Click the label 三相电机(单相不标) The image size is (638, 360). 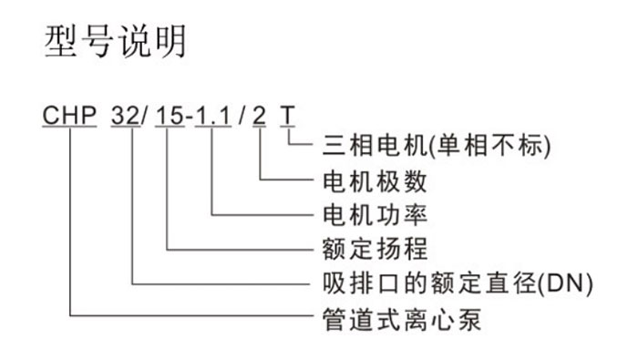click(437, 145)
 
